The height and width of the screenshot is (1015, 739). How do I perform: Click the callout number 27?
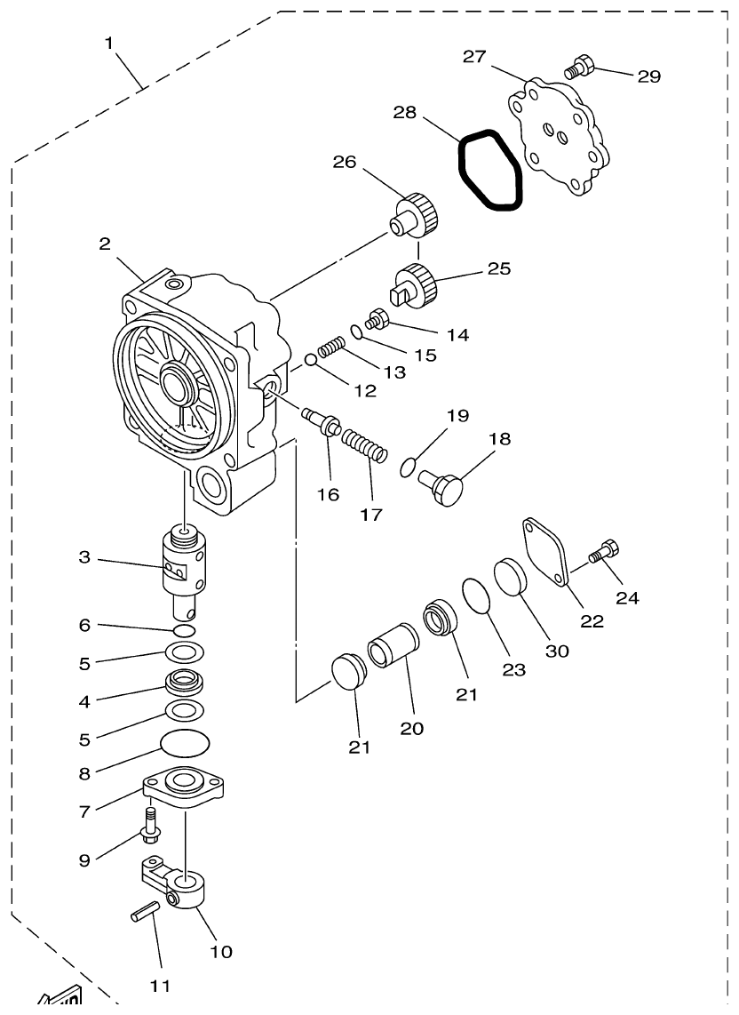pyautogui.click(x=474, y=57)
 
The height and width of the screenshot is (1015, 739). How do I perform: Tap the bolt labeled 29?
pyautogui.click(x=578, y=66)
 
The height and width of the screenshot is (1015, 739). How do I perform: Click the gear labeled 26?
pyautogui.click(x=417, y=214)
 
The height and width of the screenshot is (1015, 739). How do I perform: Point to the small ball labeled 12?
pyautogui.click(x=309, y=359)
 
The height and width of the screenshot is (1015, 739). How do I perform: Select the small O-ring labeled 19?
pyautogui.click(x=407, y=467)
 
